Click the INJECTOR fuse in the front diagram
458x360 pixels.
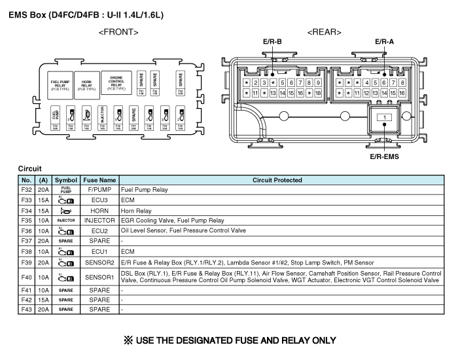[102, 118]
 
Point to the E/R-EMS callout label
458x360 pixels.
[385, 156]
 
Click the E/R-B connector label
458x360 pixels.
[272, 42]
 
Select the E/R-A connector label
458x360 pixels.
[384, 42]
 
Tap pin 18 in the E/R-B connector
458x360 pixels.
[317, 94]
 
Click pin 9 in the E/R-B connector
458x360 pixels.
[317, 82]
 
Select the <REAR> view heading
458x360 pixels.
[324, 31]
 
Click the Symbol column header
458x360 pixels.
[66, 180]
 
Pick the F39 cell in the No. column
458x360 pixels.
[26, 262]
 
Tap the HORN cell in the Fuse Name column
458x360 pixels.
[99, 211]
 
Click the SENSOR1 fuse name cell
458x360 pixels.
[99, 276]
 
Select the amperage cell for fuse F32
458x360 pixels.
[43, 190]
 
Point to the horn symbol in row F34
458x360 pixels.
[66, 211]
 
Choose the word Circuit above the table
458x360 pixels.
[31, 168]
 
